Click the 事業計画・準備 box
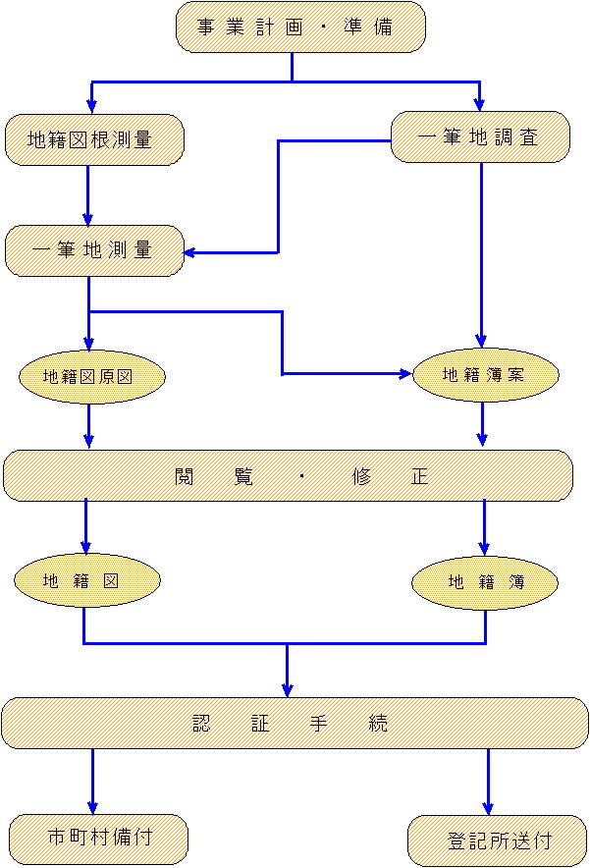coord(300,27)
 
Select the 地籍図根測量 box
coord(94,140)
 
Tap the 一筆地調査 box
coord(480,137)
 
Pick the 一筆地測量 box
coord(94,250)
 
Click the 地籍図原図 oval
coord(91,377)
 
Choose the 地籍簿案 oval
coord(486,374)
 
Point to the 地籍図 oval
coord(86,580)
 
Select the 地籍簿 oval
coord(486,582)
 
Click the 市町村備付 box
coord(98,838)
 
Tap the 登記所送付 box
coord(497,841)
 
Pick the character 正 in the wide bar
coord(419,477)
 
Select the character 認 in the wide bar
coord(203,724)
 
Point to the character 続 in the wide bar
coord(378,724)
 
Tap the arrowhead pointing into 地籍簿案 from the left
coord(405,374)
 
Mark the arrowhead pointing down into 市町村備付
coord(93,807)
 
